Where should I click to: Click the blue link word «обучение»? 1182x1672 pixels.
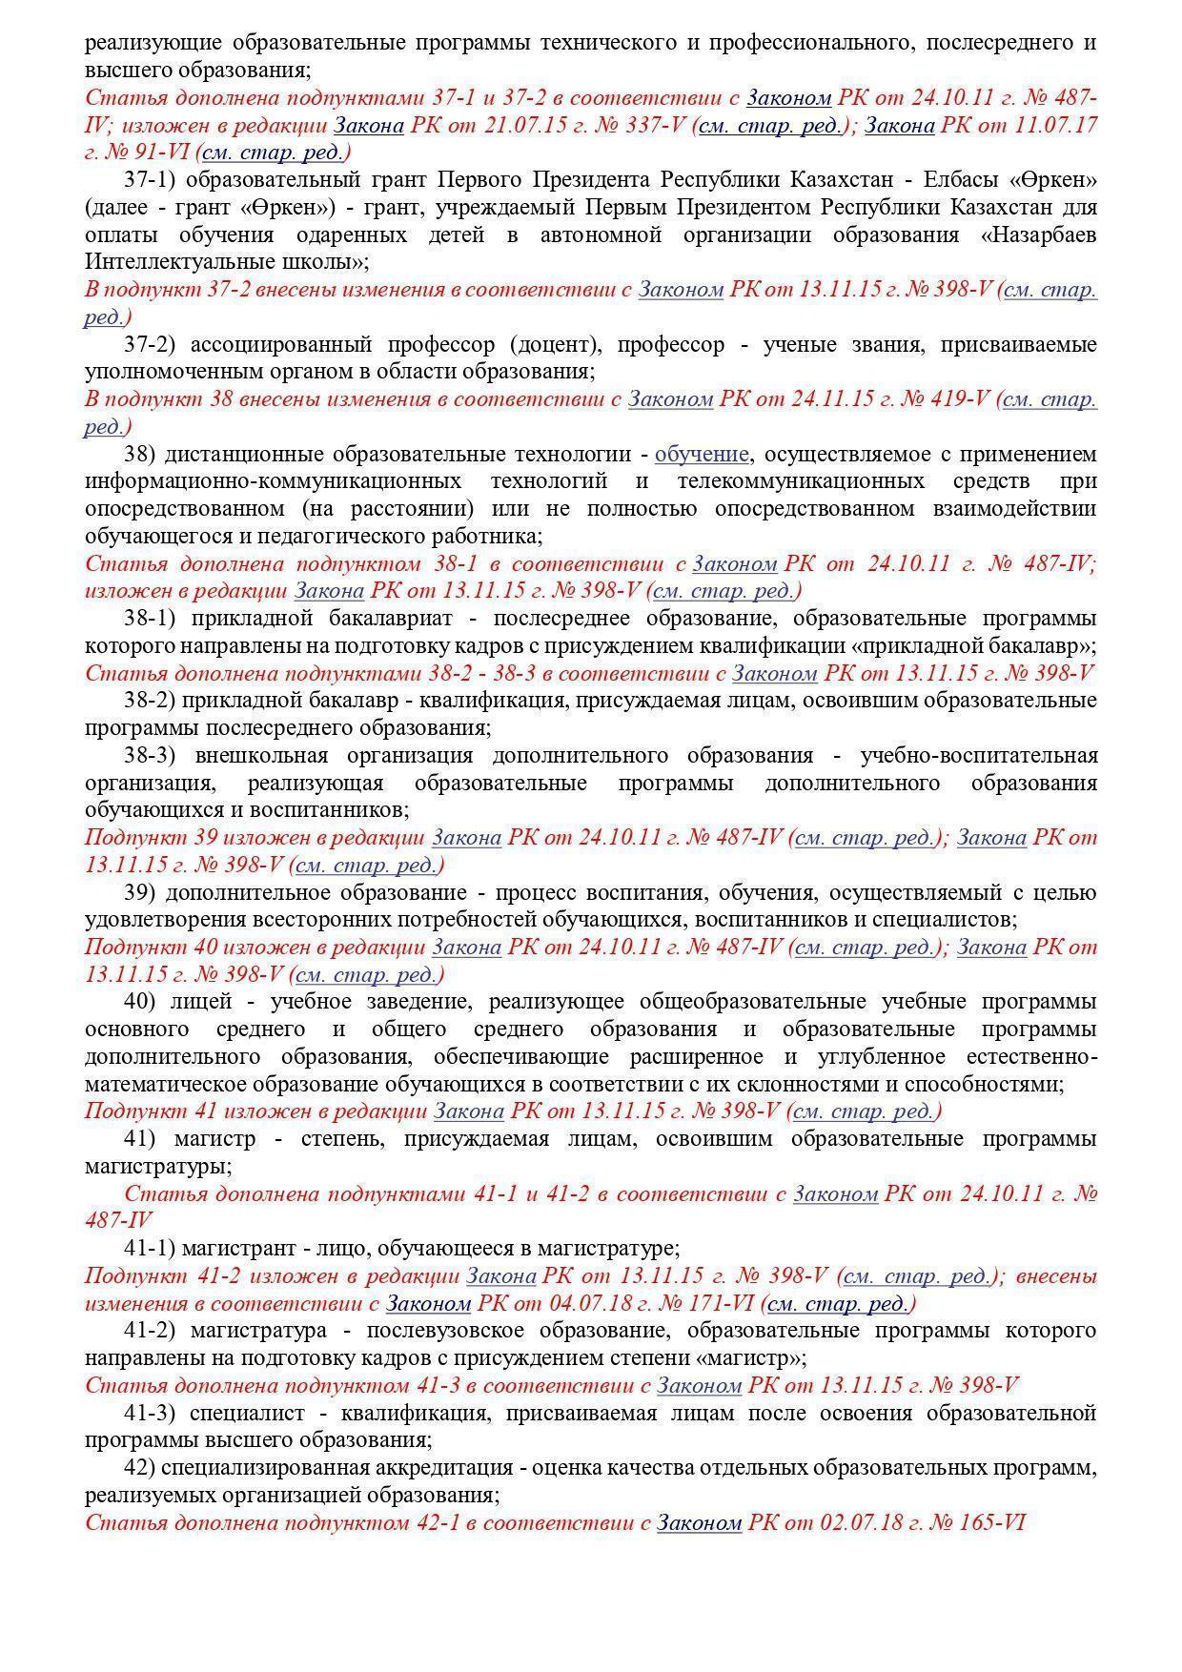(x=702, y=454)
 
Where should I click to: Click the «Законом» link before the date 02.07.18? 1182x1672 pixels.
(x=699, y=1522)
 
